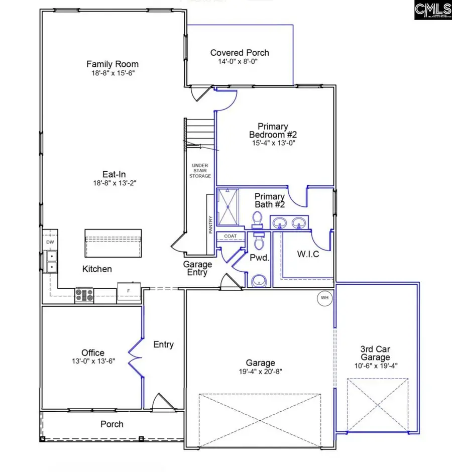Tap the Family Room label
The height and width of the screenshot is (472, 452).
point(112,64)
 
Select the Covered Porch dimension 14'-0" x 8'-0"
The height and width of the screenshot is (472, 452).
point(240,61)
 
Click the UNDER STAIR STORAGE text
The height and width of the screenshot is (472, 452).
point(201,171)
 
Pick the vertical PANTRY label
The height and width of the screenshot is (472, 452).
point(211,224)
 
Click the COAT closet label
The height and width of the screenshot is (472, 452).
point(231,236)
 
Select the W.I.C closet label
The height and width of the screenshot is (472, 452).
point(307,254)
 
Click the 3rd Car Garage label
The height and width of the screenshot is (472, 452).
point(375,353)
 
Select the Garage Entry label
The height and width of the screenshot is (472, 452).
point(197,268)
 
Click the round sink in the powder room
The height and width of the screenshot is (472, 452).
point(258,281)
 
